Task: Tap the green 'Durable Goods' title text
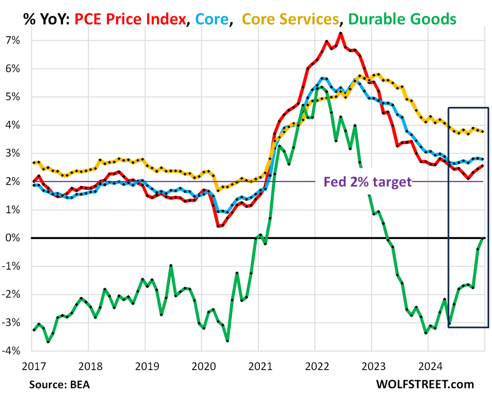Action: (403, 19)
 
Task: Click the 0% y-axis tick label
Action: (15, 238)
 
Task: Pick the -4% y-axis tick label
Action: (13, 351)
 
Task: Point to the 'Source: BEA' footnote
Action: (59, 385)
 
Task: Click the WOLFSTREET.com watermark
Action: (425, 385)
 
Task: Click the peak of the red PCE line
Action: (340, 33)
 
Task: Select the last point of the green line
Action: (484, 238)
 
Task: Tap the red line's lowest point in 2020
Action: (218, 226)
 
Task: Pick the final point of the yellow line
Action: (484, 132)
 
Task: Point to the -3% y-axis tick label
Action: (13, 323)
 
